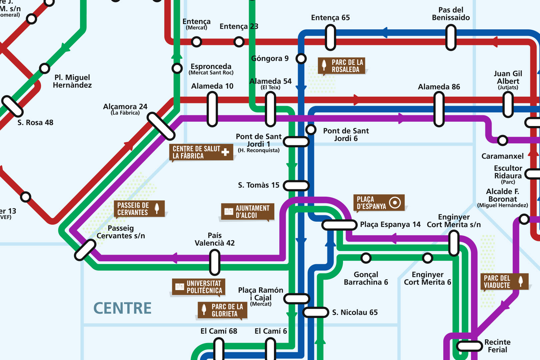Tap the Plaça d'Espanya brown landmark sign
[x=379, y=203]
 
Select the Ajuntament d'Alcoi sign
[x=247, y=212]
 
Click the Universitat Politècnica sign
[x=199, y=287]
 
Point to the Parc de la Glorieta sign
[x=222, y=310]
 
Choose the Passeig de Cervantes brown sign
[x=139, y=209]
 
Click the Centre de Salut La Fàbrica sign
[x=201, y=152]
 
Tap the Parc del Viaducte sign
[x=504, y=282]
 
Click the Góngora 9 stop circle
[x=301, y=59]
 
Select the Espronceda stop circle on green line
[x=177, y=68]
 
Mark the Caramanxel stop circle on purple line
[x=502, y=140]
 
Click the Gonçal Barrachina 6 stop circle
[x=366, y=258]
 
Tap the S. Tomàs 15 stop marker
[x=296, y=185]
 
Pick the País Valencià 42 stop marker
[x=215, y=262]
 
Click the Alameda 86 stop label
[x=439, y=87]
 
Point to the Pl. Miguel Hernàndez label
[x=72, y=81]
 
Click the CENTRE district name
[x=122, y=308]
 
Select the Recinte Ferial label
[x=497, y=346]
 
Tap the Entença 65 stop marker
[x=330, y=38]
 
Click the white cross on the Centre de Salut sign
[x=225, y=152]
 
